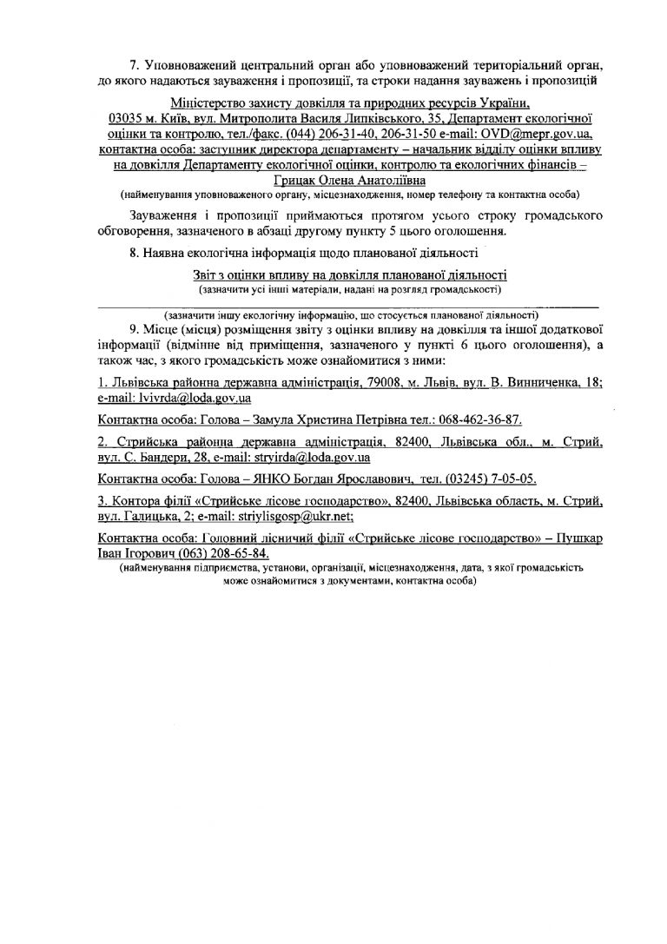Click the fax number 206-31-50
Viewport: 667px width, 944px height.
click(x=423, y=135)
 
